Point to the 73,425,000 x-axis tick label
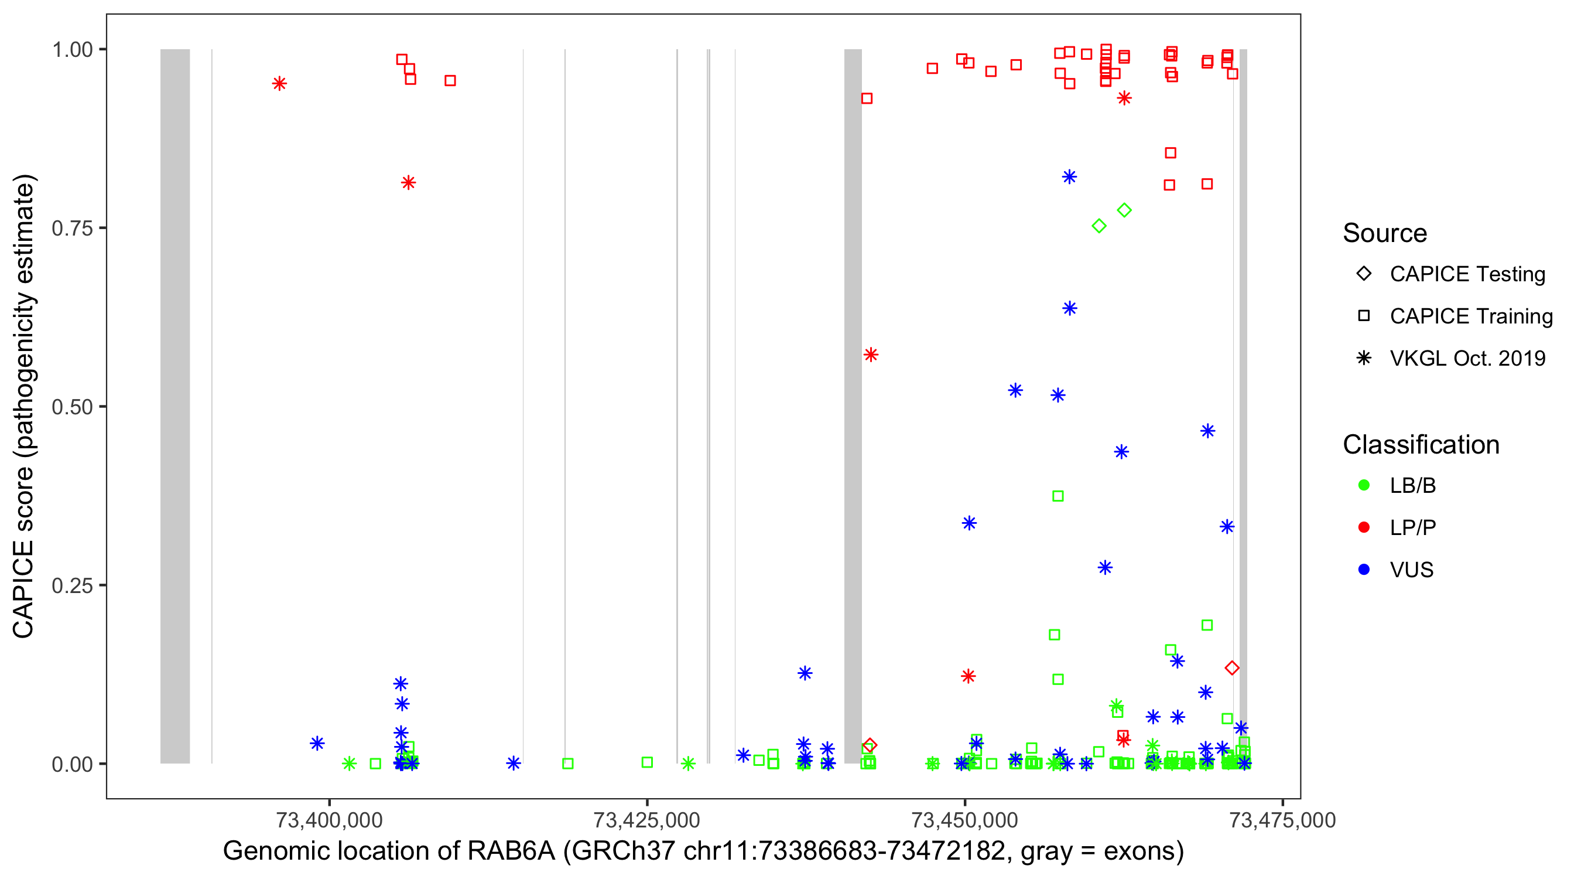pyautogui.click(x=647, y=820)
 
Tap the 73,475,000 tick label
pyautogui.click(x=1282, y=820)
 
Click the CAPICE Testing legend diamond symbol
pyautogui.click(x=1364, y=273)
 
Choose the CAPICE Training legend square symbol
pyautogui.click(x=1364, y=316)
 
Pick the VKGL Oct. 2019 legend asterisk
pyautogui.click(x=1364, y=358)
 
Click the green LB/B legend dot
pyautogui.click(x=1364, y=485)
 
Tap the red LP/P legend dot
pyautogui.click(x=1364, y=527)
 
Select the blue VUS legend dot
pyautogui.click(x=1364, y=570)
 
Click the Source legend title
pyautogui.click(x=1385, y=233)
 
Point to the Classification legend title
pyautogui.click(x=1421, y=445)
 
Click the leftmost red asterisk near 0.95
pyautogui.click(x=279, y=84)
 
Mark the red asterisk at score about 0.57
pyautogui.click(x=871, y=355)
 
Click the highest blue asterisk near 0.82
pyautogui.click(x=1069, y=177)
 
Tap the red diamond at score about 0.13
pyautogui.click(x=1232, y=667)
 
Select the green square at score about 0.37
pyautogui.click(x=1058, y=496)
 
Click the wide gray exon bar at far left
pyautogui.click(x=175, y=406)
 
